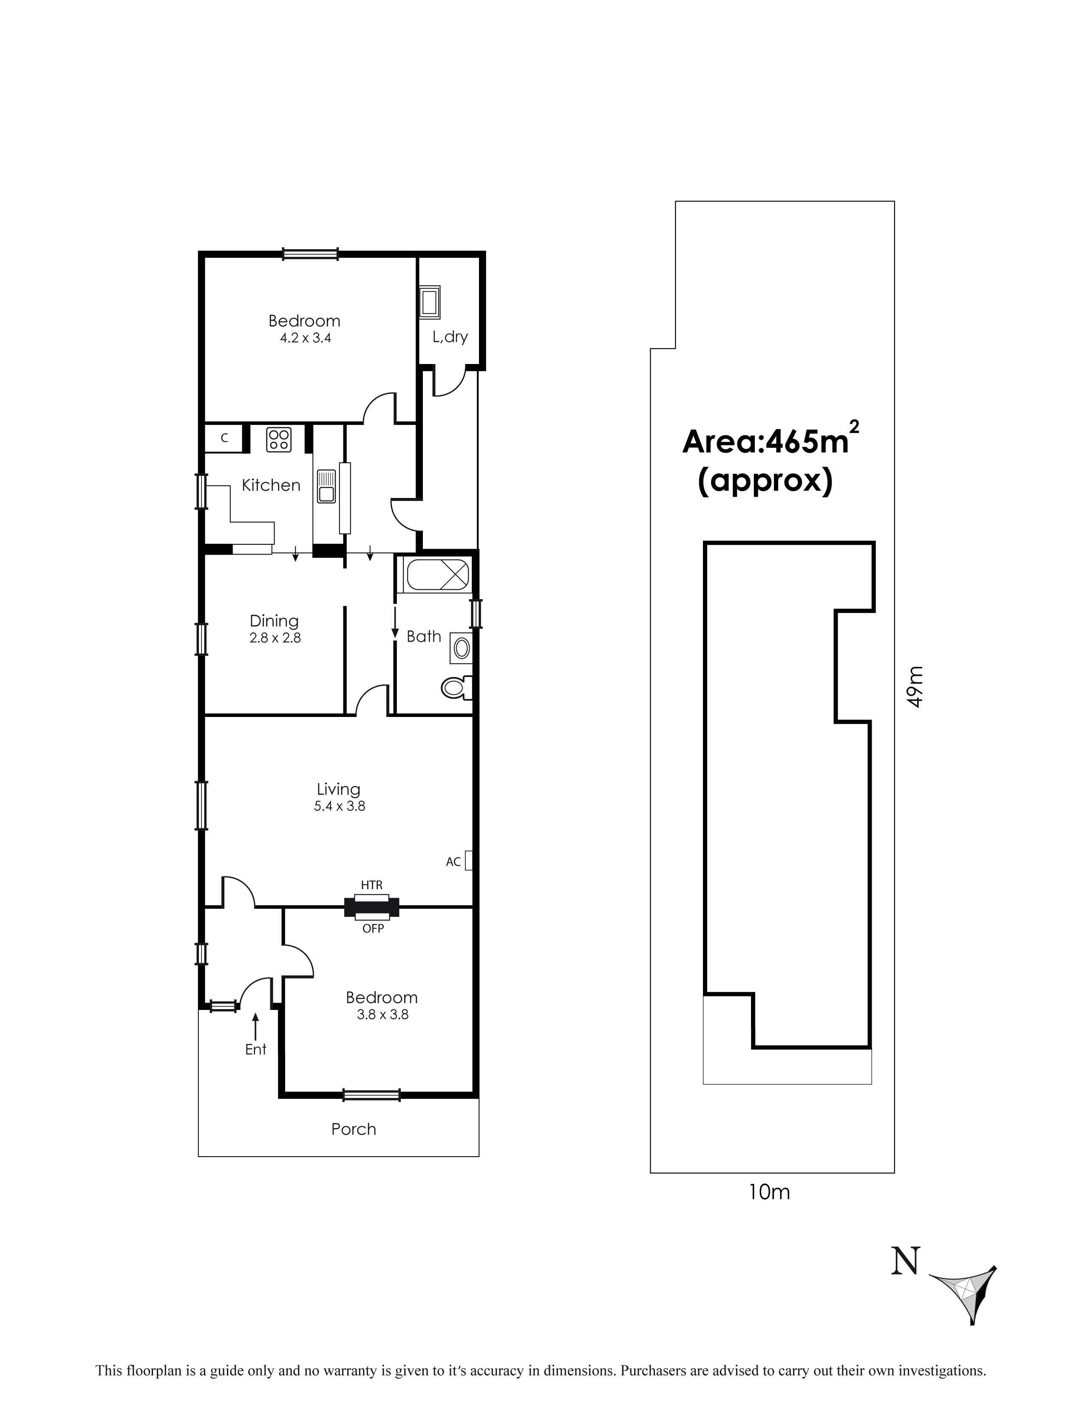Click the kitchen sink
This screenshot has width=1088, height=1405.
pyautogui.click(x=326, y=486)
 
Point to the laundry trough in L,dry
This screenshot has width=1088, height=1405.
pyautogui.click(x=430, y=302)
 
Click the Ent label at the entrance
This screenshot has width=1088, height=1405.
pyautogui.click(x=255, y=1049)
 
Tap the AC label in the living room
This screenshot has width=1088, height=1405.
pyautogui.click(x=453, y=862)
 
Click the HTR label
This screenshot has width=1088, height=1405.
pyautogui.click(x=372, y=885)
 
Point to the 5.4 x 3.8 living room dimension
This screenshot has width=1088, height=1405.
pyautogui.click(x=340, y=806)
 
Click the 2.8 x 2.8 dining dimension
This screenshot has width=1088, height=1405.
pyautogui.click(x=275, y=638)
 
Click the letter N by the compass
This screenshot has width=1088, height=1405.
pyautogui.click(x=905, y=1261)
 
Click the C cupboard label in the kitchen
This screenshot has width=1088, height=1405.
pyautogui.click(x=224, y=438)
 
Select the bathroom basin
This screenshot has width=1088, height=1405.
pyautogui.click(x=462, y=648)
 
